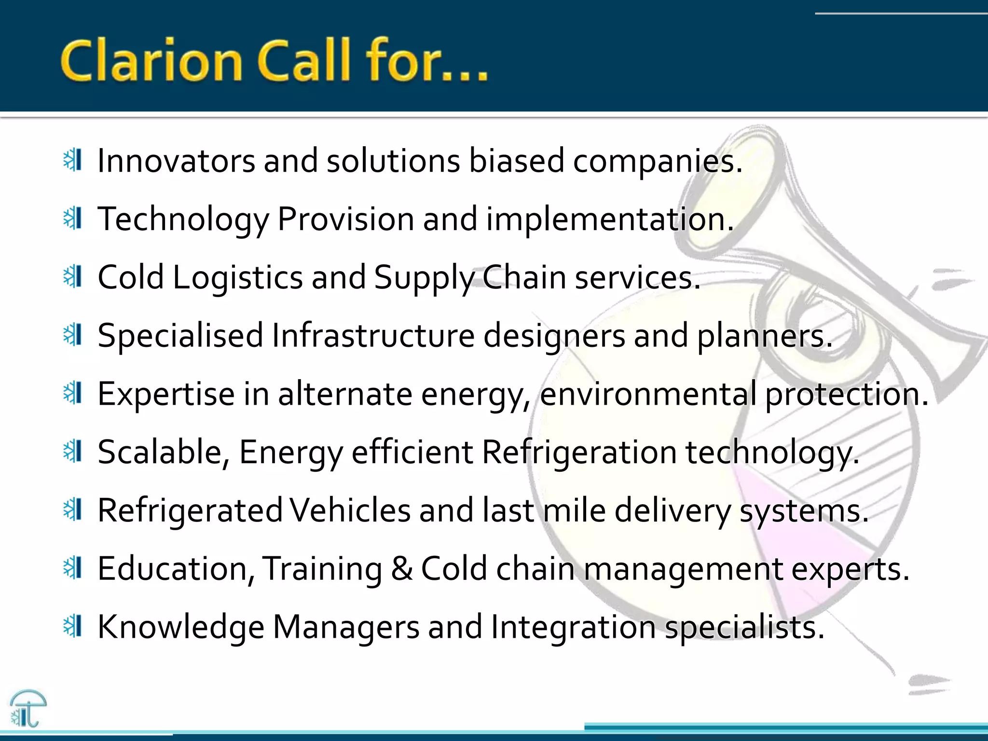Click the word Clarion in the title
151,62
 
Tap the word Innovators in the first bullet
176,161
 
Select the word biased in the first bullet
516,161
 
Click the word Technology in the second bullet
183,220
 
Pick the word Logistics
237,278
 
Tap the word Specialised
180,336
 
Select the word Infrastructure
373,336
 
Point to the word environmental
648,395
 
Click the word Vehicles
350,511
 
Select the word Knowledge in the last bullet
181,628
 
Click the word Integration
573,628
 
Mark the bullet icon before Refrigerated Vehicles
73,510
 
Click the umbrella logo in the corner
28,708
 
